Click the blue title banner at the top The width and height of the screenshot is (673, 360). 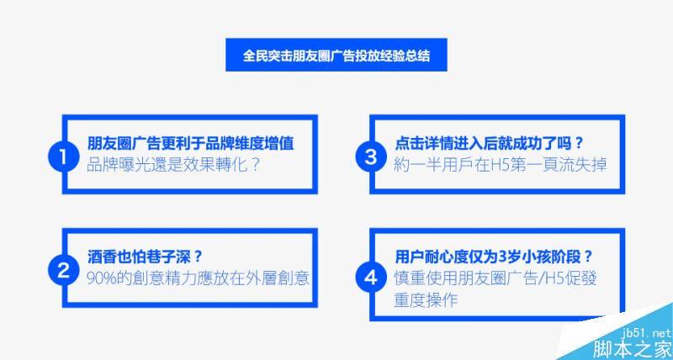(336, 55)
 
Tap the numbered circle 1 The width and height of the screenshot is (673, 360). (63, 157)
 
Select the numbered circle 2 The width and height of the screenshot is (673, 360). (63, 270)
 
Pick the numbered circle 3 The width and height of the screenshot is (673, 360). (371, 157)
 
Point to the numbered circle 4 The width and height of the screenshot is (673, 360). (371, 278)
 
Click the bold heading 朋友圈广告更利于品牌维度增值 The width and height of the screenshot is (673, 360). (191, 143)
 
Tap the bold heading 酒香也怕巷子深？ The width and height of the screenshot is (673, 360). (145, 257)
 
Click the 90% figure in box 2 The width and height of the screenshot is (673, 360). (101, 278)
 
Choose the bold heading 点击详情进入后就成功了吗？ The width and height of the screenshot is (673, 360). (490, 143)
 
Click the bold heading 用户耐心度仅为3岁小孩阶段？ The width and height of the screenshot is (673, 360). (494, 257)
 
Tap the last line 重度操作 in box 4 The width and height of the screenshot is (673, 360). (426, 300)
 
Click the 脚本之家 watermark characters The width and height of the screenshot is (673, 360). (632, 349)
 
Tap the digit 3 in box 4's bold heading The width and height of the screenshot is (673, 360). (503, 257)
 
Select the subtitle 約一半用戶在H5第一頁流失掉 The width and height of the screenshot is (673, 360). (500, 165)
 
